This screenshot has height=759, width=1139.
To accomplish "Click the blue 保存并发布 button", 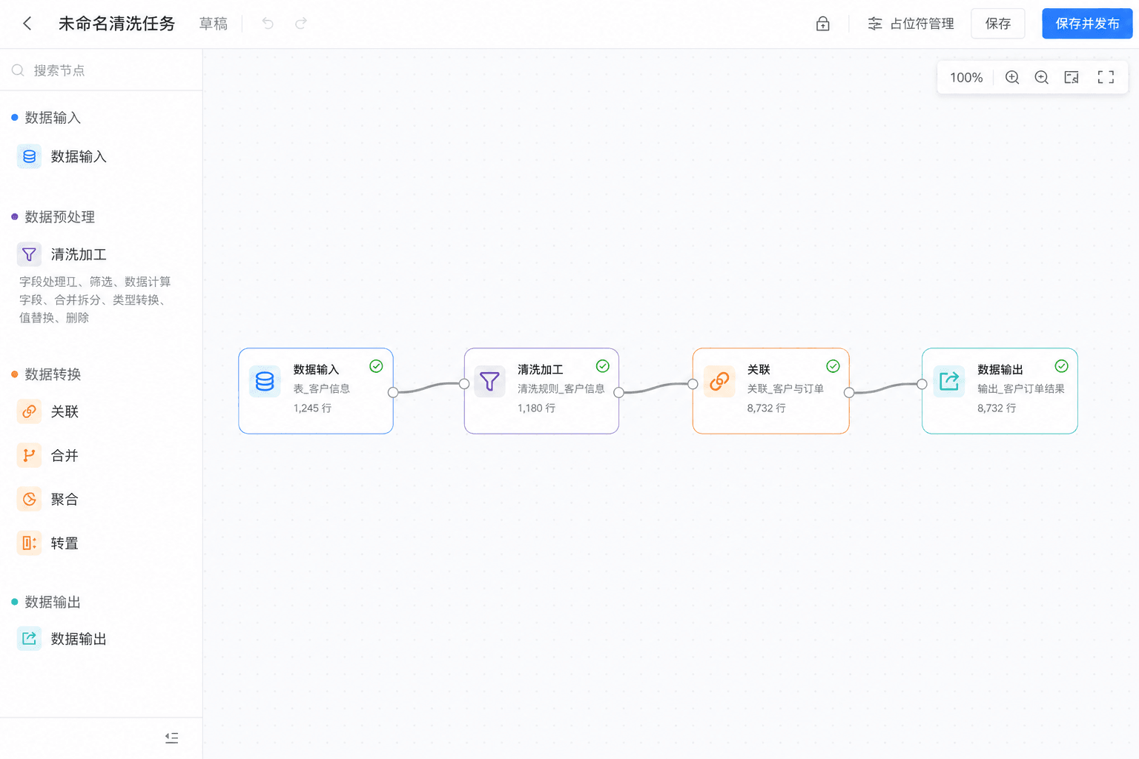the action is [1086, 24].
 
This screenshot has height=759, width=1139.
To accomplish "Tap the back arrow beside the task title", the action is [27, 24].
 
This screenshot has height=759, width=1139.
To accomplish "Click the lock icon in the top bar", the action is [822, 24].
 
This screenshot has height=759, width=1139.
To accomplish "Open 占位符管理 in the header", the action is [911, 24].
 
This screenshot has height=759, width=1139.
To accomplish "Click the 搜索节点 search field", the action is [101, 70].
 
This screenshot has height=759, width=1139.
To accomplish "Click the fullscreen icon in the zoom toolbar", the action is [1106, 77].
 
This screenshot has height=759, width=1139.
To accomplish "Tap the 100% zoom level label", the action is [966, 78].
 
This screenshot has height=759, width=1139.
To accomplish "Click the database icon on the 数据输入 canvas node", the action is [265, 381].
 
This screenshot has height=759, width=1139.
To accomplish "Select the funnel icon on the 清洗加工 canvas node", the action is [489, 381].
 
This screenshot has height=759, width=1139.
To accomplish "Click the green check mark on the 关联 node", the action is [833, 366].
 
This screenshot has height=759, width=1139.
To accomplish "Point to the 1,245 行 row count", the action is [312, 408].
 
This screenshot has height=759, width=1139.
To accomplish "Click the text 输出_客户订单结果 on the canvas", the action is [1020, 389].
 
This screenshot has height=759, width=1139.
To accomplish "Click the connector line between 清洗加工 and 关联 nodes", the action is [656, 388].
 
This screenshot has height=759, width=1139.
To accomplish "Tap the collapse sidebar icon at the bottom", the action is [172, 738].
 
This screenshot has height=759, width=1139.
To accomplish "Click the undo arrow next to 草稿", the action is [268, 24].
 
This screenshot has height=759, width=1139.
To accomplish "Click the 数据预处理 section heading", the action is [59, 217].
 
